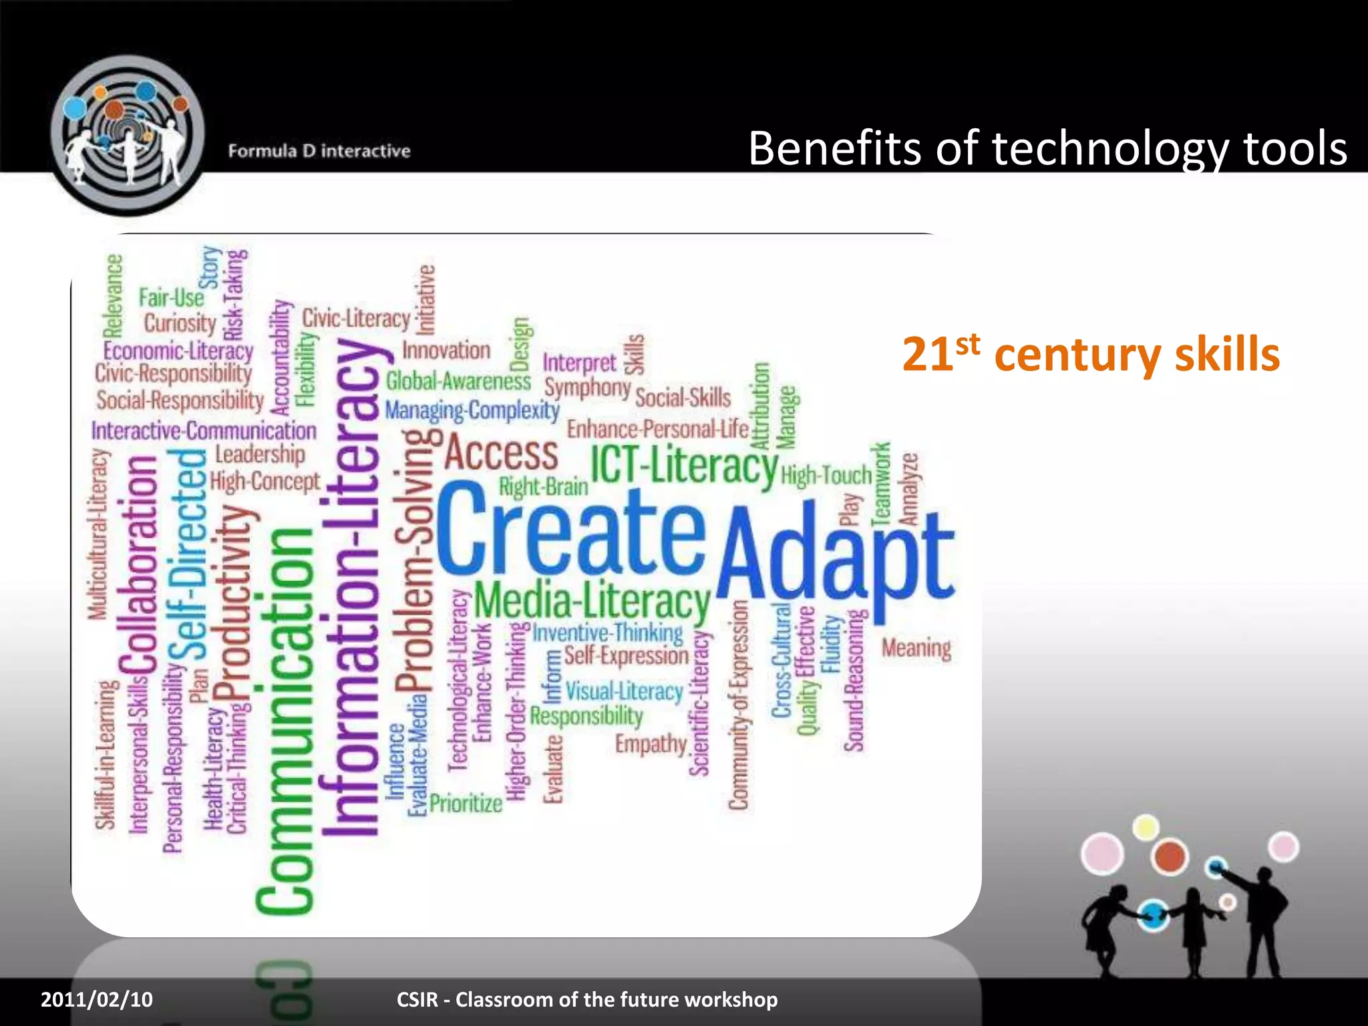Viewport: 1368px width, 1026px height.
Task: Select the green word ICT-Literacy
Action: click(684, 466)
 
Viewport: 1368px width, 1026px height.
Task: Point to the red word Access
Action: click(502, 454)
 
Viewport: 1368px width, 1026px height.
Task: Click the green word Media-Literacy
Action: click(592, 601)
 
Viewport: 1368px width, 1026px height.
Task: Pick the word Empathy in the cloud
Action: click(651, 743)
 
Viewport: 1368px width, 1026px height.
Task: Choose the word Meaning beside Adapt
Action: click(916, 648)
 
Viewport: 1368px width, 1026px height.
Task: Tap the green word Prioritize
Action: click(466, 803)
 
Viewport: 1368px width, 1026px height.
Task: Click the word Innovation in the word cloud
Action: click(446, 350)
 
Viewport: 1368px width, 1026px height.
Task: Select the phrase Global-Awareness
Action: click(458, 381)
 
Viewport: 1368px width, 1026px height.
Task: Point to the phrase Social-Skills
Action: click(683, 398)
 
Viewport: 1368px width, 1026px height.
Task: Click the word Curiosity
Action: click(180, 323)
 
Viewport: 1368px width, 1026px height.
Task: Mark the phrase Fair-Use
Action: click(171, 297)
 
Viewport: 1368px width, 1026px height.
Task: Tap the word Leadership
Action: click(260, 455)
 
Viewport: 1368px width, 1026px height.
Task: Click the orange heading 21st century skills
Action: click(1090, 354)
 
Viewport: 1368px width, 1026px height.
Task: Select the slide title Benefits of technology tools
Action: click(1047, 148)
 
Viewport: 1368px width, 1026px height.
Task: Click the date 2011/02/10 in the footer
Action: click(97, 999)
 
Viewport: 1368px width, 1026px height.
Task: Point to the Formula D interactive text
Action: click(319, 151)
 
